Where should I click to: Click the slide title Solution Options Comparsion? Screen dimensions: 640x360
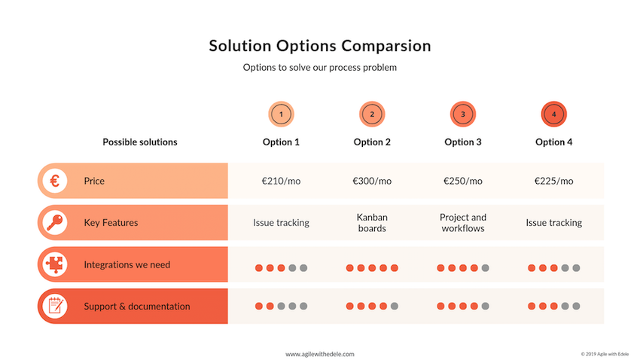tap(320, 46)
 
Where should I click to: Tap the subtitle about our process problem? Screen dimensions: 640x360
tap(320, 67)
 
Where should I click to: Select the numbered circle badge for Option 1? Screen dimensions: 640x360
tap(282, 114)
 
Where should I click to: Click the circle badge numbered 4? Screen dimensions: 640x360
tap(554, 114)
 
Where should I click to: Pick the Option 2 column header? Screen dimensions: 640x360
tap(372, 142)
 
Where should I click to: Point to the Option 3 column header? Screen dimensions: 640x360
tap(463, 142)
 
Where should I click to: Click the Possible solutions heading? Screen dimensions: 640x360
tap(140, 142)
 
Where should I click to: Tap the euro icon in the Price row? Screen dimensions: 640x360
tap(55, 181)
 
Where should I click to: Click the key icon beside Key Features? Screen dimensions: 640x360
tap(55, 222)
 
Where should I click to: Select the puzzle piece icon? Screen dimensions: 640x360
tap(55, 264)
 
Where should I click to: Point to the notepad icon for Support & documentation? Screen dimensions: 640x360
tap(55, 306)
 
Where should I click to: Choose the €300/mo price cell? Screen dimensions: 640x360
tap(372, 181)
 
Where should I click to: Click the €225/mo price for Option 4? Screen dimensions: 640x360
tap(554, 181)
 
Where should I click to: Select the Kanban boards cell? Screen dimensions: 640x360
tap(372, 223)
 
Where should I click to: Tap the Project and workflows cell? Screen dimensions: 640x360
tap(463, 223)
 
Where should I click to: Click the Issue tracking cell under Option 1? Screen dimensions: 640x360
tap(282, 223)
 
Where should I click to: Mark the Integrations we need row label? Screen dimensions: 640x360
tap(127, 264)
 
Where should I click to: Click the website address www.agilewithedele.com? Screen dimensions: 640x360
tap(320, 354)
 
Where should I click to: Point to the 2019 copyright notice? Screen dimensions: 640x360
tap(605, 354)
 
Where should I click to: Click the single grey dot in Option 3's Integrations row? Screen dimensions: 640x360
tap(486, 268)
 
